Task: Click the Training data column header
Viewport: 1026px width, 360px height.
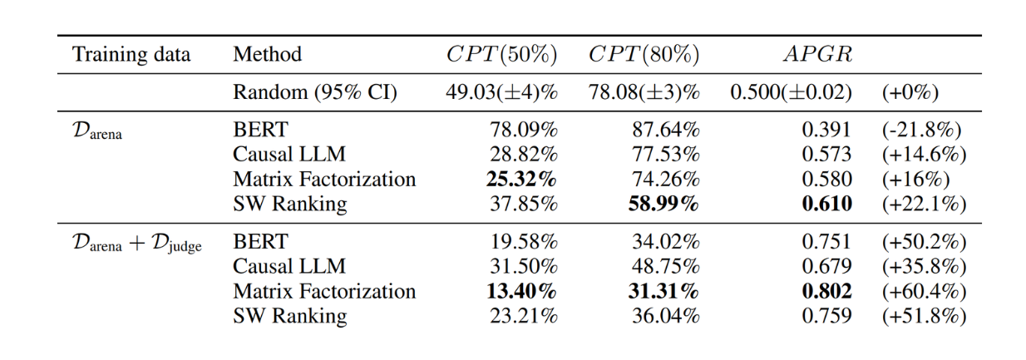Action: pos(131,56)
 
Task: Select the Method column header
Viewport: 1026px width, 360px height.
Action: pos(267,56)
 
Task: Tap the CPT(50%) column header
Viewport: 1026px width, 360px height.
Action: pos(501,56)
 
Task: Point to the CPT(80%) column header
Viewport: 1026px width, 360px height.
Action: pos(644,56)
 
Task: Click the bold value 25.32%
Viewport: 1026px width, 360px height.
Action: pos(522,179)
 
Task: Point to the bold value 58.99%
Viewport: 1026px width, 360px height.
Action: pos(663,204)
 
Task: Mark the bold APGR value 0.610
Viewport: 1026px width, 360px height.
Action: pos(828,204)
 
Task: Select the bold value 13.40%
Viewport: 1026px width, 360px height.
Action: pos(522,291)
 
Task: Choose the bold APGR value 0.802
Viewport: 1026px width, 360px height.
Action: pos(828,291)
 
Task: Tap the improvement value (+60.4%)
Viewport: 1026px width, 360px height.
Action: pos(923,291)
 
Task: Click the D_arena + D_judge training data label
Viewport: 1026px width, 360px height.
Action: pos(137,243)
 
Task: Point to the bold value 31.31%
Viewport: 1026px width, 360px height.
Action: pos(663,291)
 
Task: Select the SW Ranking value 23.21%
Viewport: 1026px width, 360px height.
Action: pos(524,316)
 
